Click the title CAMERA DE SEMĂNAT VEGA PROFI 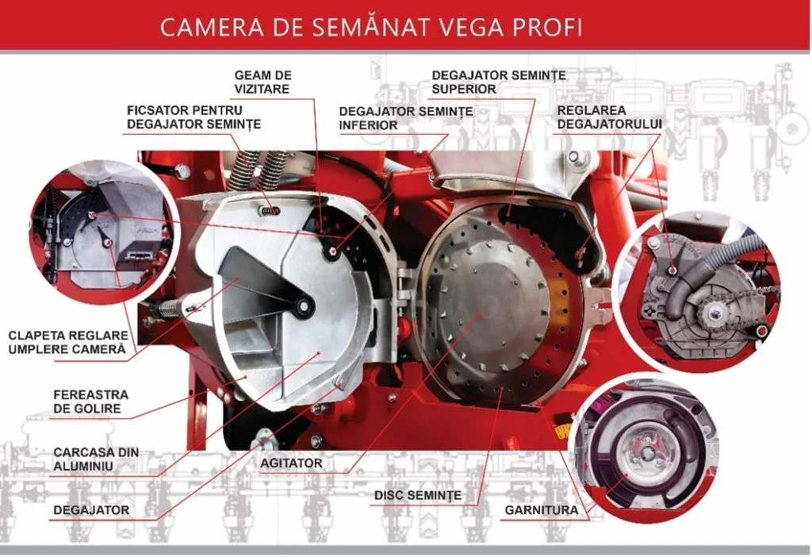point(371,27)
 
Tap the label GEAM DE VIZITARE point(262,82)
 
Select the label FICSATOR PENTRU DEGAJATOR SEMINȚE point(193,117)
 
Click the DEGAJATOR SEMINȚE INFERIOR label point(405,118)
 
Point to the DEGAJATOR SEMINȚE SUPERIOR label point(499,82)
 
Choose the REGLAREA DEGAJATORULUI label point(610,117)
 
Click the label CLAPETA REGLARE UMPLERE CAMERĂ point(68,342)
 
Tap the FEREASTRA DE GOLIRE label point(90,401)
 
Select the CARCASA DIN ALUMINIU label point(96,459)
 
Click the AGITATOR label point(291,463)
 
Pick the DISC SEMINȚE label point(417,495)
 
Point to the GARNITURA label point(541,510)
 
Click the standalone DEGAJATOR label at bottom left point(91,510)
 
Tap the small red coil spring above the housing point(271,210)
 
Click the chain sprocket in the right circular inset point(715,313)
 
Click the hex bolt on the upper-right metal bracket point(573,156)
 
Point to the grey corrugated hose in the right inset point(705,275)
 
